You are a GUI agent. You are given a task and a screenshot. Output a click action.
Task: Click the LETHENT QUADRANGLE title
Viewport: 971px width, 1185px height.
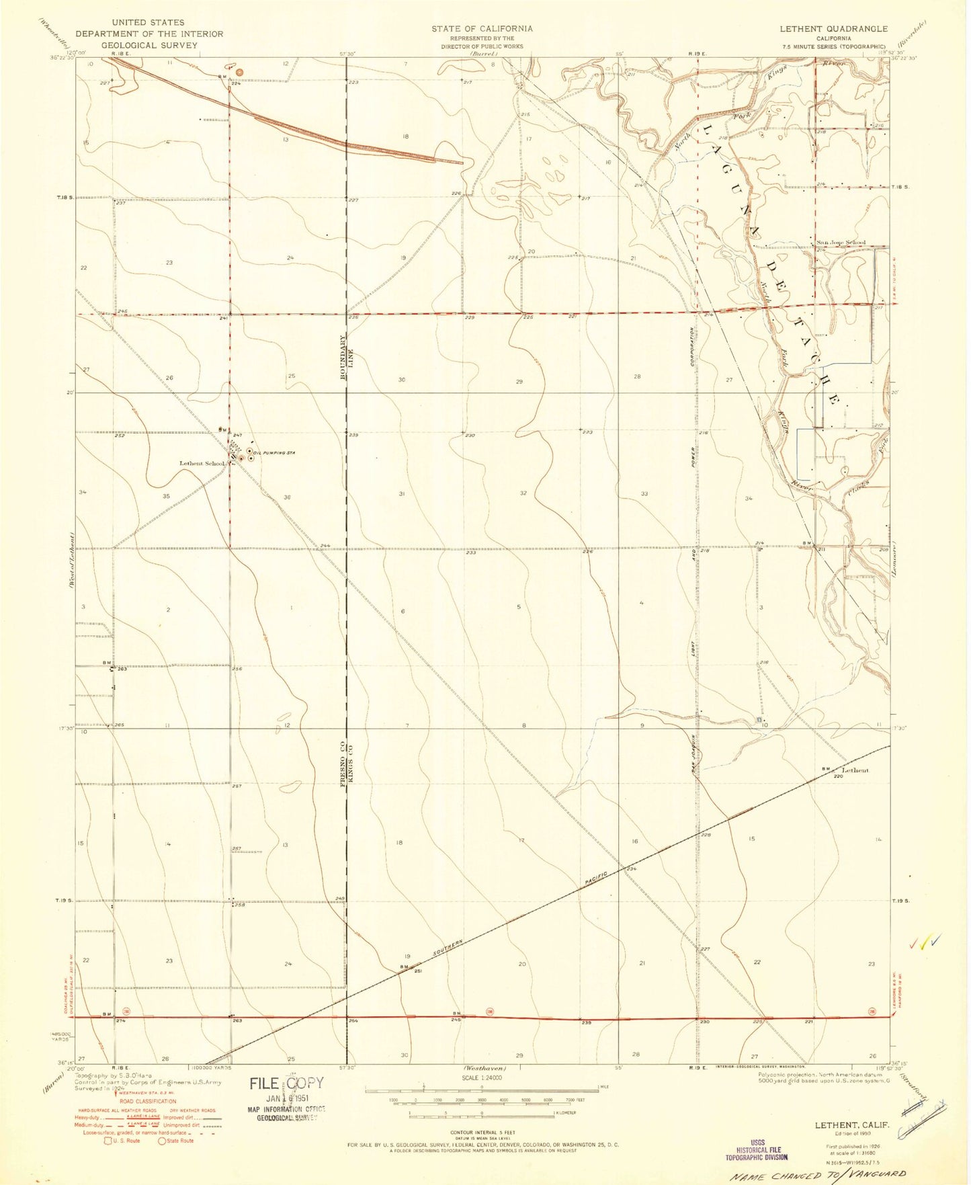click(x=833, y=29)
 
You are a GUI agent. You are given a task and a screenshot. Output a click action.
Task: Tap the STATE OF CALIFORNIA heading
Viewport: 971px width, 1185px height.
click(x=482, y=29)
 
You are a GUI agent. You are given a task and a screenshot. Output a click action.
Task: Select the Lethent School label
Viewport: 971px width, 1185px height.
click(x=202, y=463)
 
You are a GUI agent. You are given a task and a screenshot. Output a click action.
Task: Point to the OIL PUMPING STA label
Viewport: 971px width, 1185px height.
click(x=276, y=453)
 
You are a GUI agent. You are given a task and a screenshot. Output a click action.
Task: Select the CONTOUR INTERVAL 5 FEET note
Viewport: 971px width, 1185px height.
click(x=481, y=1132)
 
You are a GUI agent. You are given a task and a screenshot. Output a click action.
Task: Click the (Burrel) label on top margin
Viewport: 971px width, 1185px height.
click(x=481, y=53)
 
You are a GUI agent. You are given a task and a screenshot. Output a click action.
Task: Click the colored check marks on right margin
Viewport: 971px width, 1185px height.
click(x=925, y=942)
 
